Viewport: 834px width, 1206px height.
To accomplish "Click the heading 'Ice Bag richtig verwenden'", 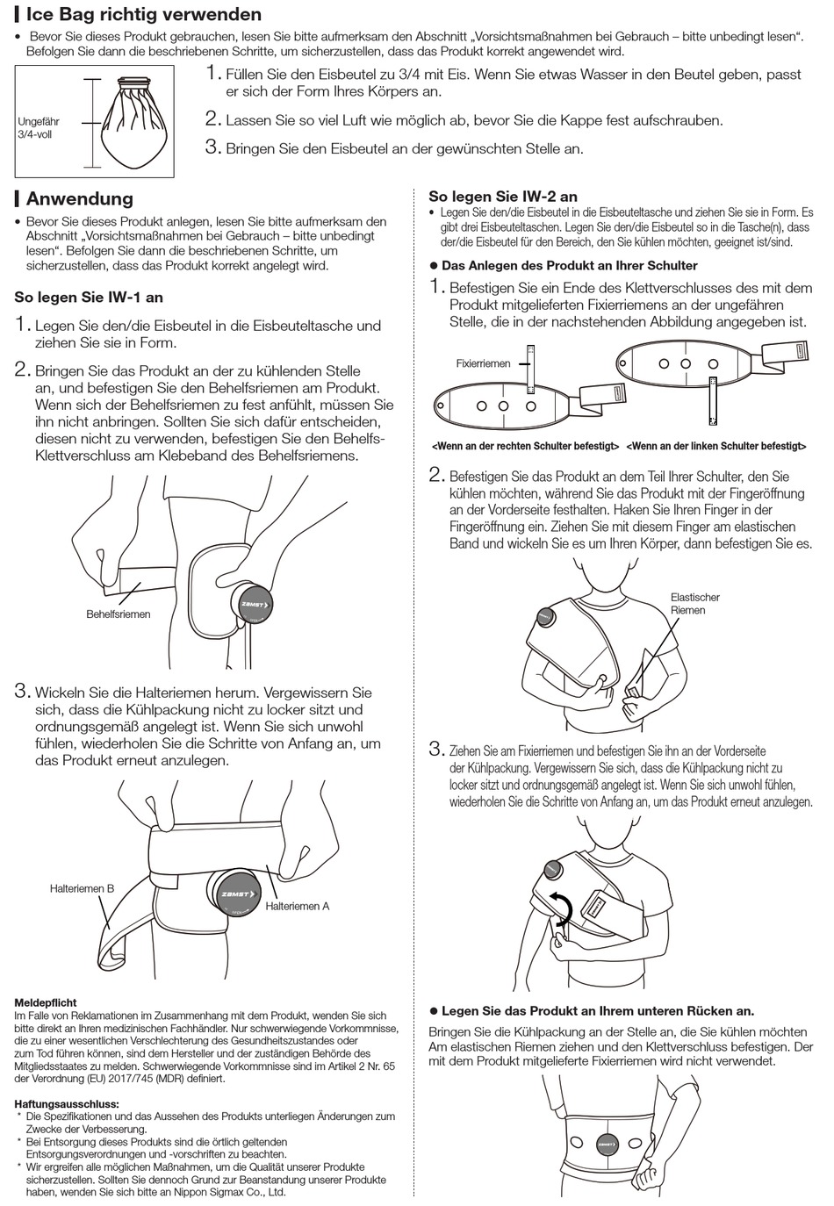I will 143,14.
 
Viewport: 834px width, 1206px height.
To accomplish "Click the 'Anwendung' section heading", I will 79,198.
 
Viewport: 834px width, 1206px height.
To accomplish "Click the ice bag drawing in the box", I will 133,121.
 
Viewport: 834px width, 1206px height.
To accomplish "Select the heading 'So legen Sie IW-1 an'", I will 89,298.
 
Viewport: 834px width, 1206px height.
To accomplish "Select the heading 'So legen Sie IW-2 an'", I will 502,197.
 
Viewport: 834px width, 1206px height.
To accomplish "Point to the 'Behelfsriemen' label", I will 118,614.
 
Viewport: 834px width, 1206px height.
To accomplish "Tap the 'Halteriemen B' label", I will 82,888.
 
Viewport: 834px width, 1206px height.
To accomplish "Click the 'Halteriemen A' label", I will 298,906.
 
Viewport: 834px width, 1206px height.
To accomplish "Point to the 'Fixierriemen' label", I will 483,363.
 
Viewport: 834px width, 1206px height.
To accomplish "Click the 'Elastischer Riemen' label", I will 694,604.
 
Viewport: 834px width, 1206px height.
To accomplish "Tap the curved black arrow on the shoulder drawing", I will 560,909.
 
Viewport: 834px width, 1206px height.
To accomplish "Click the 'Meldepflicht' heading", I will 46,1002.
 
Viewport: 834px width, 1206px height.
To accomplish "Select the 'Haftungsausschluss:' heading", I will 67,1104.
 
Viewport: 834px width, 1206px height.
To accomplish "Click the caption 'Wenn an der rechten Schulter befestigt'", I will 525,447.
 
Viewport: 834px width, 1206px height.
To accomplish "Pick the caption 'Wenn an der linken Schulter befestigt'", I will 715,447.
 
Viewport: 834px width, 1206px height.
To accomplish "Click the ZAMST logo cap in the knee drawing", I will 252,604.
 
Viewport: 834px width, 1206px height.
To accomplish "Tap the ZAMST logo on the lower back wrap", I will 606,1145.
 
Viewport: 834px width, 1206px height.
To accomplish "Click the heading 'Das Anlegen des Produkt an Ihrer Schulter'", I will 569,265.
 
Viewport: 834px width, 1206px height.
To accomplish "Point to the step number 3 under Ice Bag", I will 212,147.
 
